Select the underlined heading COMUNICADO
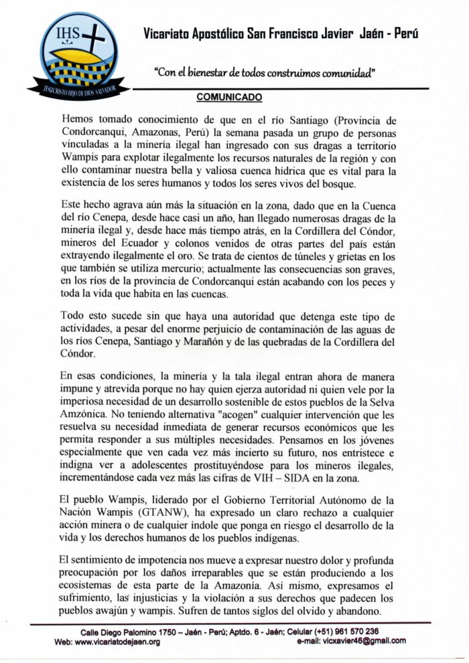click(229, 98)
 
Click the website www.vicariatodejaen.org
click(118, 641)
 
